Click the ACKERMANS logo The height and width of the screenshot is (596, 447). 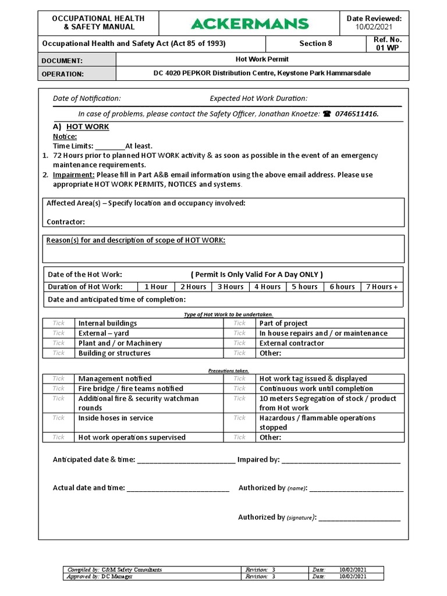click(x=250, y=24)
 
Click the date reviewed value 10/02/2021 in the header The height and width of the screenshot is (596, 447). click(x=374, y=27)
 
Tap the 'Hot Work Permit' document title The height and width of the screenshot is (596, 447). click(x=262, y=59)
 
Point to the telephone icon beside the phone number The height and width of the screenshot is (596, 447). click(x=327, y=114)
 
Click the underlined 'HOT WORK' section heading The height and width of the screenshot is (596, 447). click(x=87, y=127)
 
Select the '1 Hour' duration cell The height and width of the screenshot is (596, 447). click(x=156, y=287)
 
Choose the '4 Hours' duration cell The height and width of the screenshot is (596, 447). click(x=267, y=287)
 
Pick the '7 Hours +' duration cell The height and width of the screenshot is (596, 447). click(x=381, y=287)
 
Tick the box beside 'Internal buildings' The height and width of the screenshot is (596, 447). click(x=59, y=323)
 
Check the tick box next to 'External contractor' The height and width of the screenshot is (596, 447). click(x=240, y=343)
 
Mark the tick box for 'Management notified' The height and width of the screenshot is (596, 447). click(x=59, y=378)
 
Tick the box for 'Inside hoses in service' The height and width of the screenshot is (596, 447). click(x=59, y=418)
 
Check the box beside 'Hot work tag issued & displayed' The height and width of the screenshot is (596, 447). click(x=240, y=378)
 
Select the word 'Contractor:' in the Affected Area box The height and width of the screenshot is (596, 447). click(x=66, y=222)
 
